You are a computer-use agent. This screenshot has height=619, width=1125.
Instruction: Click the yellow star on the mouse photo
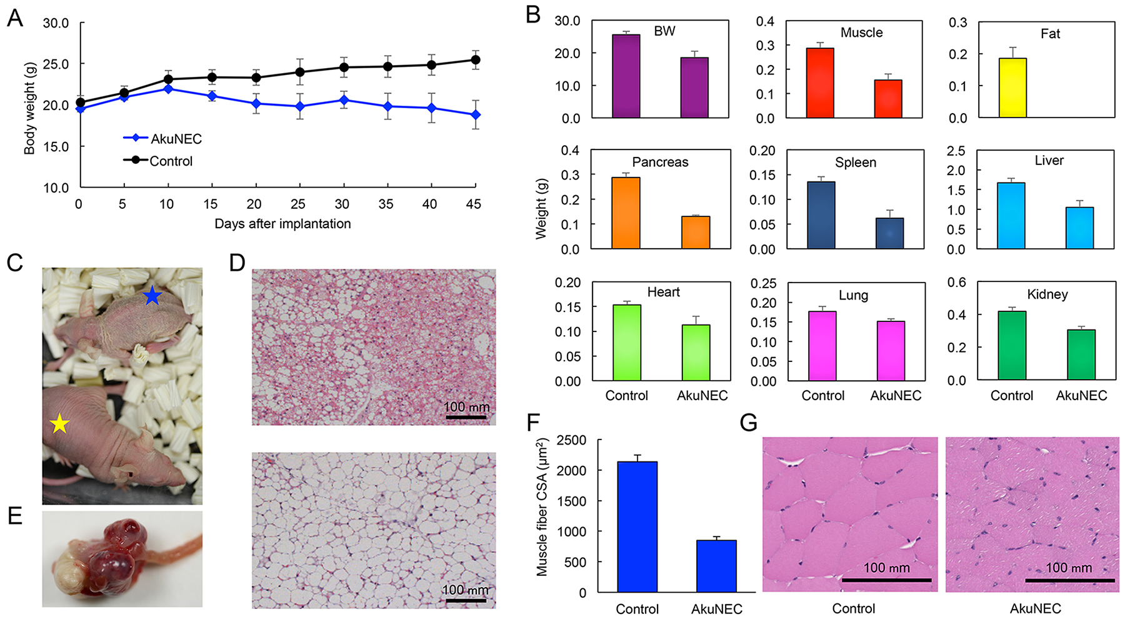[x=59, y=425]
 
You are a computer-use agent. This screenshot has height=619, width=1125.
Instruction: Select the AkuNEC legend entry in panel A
[x=176, y=139]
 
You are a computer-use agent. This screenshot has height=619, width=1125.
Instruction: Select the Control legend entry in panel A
[x=171, y=161]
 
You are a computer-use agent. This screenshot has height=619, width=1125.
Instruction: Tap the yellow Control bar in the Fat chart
[x=1012, y=88]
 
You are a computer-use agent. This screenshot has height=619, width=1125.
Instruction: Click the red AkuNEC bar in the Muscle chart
[x=888, y=99]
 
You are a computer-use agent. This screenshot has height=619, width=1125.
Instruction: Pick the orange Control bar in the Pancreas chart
[x=626, y=213]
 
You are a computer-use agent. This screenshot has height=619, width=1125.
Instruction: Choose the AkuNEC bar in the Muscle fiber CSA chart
[x=716, y=566]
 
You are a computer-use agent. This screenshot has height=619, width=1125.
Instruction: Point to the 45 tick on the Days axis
[x=474, y=204]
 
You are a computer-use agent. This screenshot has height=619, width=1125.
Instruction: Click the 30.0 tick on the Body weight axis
[x=56, y=23]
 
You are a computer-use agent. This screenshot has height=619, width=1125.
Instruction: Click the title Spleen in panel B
[x=856, y=163]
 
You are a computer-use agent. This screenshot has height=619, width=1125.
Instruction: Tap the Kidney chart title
[x=1047, y=294]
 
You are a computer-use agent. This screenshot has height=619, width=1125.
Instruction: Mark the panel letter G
[x=748, y=423]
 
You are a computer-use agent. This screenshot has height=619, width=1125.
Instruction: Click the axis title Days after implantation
[x=282, y=224]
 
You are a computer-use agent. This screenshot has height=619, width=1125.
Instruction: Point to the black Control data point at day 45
[x=476, y=60]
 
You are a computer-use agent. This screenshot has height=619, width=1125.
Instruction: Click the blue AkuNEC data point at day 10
[x=167, y=89]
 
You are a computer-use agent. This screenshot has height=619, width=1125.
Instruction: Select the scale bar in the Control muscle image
[x=886, y=580]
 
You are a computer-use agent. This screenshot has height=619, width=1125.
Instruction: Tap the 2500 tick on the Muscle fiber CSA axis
[x=572, y=440]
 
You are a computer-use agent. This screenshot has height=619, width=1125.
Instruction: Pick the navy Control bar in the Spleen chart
[x=821, y=215]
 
